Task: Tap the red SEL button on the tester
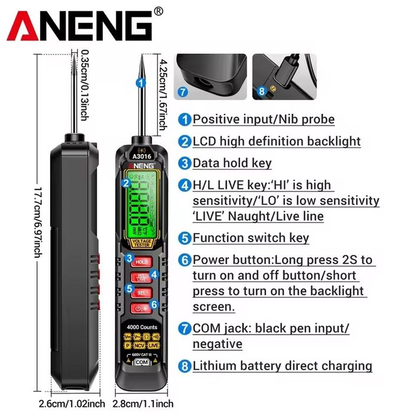[x=141, y=292]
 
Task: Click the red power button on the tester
[x=141, y=307]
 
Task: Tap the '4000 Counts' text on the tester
[x=142, y=327]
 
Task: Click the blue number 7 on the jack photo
[x=183, y=92]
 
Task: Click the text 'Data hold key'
[x=232, y=163]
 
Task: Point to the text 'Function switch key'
[x=251, y=238]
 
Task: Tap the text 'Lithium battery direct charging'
[x=282, y=366]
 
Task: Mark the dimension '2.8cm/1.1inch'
[x=140, y=404]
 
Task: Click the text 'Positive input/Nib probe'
[x=263, y=119]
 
